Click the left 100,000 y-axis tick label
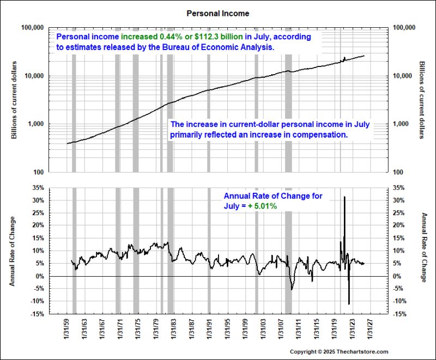pyautogui.click(x=33, y=27)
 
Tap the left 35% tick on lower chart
pyautogui.click(x=38, y=188)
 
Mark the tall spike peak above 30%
pyautogui.click(x=344, y=197)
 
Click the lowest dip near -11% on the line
pyautogui.click(x=349, y=303)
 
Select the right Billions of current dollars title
pyautogui.click(x=422, y=100)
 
